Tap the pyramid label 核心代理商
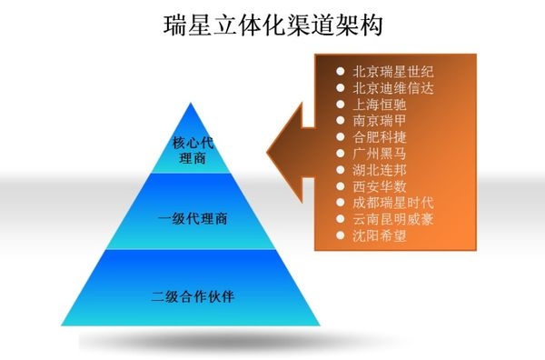point(193,150)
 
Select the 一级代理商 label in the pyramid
point(193,219)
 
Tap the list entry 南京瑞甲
point(375,120)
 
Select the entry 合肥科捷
point(375,137)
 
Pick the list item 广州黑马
point(375,154)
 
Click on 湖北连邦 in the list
point(375,170)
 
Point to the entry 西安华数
point(375,186)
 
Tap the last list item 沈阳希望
point(375,236)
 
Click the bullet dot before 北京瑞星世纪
point(340,71)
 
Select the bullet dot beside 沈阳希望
point(340,236)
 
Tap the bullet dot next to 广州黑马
point(340,154)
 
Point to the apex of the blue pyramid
point(193,104)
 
